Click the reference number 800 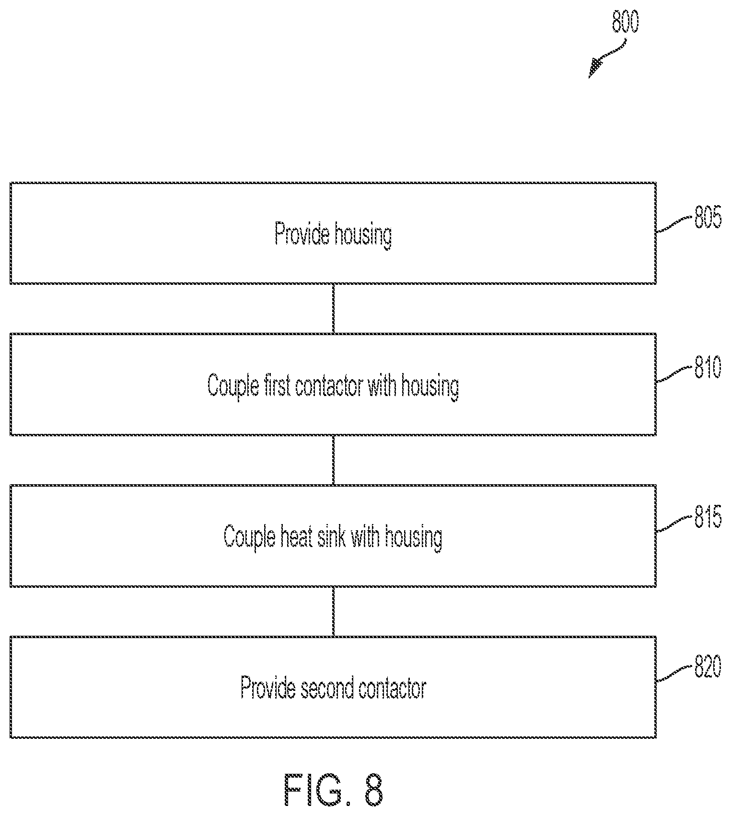625,22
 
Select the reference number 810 708,369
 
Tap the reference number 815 708,518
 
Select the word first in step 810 277,385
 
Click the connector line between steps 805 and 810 333,308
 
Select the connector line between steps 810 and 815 333,460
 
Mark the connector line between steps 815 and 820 333,611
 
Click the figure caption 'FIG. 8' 334,790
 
